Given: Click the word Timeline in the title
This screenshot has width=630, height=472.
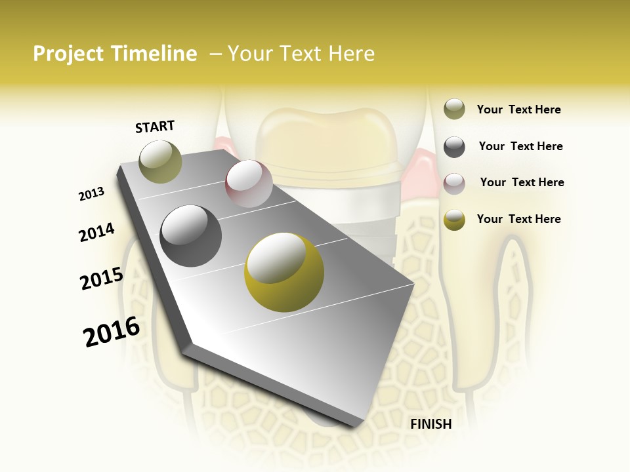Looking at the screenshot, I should pyautogui.click(x=154, y=54).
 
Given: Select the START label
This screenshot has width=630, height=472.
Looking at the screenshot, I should pyautogui.click(x=155, y=127).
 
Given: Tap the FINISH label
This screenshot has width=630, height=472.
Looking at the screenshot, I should pyautogui.click(x=430, y=424).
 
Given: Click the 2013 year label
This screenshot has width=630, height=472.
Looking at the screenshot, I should pyautogui.click(x=91, y=194).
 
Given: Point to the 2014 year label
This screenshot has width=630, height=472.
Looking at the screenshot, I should pyautogui.click(x=96, y=232).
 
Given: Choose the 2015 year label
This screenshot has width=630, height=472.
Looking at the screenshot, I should pyautogui.click(x=102, y=279).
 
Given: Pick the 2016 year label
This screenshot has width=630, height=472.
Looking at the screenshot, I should pyautogui.click(x=112, y=331).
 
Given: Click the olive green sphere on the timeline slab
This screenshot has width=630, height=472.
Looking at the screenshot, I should pyautogui.click(x=161, y=161).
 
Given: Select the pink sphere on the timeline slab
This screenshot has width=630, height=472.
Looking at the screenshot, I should pyautogui.click(x=249, y=184).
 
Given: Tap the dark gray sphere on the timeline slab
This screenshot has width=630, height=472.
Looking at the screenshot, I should pyautogui.click(x=191, y=236).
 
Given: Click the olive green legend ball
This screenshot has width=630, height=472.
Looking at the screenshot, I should pyautogui.click(x=454, y=109).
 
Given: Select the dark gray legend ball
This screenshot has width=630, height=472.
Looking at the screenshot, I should pyautogui.click(x=454, y=147).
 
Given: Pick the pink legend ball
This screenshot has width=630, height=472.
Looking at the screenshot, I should pyautogui.click(x=454, y=184).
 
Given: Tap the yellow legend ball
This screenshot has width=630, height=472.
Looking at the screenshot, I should pyautogui.click(x=454, y=220).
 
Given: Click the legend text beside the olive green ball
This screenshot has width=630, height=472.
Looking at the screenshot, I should pyautogui.click(x=518, y=109).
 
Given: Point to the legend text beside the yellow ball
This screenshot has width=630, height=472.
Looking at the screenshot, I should pyautogui.click(x=518, y=219).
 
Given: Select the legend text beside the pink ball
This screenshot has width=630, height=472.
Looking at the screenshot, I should pyautogui.click(x=522, y=182).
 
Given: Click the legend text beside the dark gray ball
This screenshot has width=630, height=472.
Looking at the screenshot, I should pyautogui.click(x=520, y=146).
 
